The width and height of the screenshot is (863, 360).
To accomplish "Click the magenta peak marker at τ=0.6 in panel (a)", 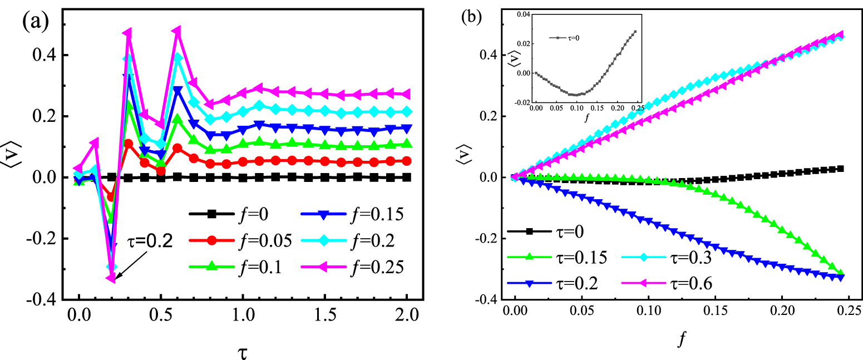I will point(177,31).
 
